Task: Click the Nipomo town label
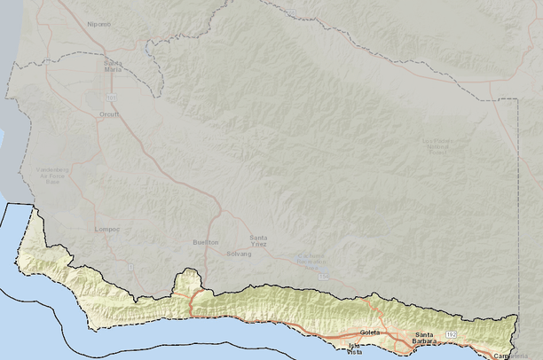(98, 24)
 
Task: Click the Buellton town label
(205, 242)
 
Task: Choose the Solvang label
(239, 254)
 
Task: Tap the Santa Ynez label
(259, 239)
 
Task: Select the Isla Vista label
(354, 348)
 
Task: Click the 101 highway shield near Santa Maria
(112, 96)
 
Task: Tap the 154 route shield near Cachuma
(324, 277)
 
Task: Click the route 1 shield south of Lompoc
(130, 266)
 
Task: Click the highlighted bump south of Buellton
(187, 279)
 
